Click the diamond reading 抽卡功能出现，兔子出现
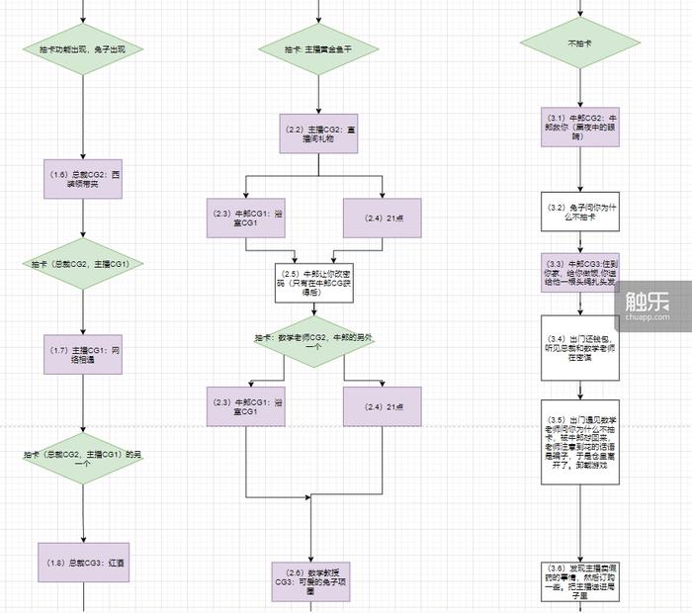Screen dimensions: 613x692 point(84,48)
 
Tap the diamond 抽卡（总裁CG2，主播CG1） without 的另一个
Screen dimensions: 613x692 point(84,264)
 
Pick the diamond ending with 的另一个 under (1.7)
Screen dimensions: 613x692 point(84,457)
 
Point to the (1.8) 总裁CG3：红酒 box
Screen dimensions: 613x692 point(84,563)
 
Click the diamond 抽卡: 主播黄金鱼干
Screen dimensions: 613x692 point(318,48)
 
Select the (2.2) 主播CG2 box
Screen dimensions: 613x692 point(318,133)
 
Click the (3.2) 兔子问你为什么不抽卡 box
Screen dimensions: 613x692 point(579,212)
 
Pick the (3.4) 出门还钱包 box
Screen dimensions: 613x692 point(579,346)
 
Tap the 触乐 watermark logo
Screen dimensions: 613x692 point(648,295)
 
